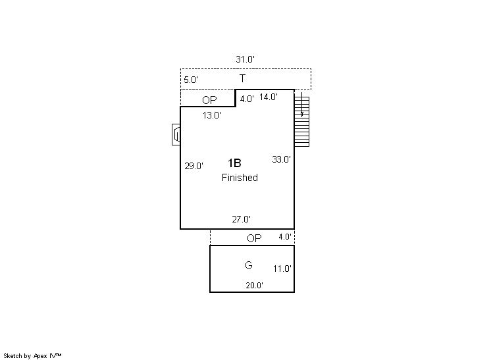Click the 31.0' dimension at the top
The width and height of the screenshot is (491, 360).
[245, 59]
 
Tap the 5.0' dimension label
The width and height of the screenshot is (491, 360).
[191, 80]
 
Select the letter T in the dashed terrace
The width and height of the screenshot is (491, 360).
[242, 78]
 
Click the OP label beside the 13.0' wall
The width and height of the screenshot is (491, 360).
[209, 100]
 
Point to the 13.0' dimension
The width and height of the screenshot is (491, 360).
[212, 115]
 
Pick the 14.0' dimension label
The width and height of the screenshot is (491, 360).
[269, 97]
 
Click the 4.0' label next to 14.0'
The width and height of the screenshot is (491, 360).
[247, 99]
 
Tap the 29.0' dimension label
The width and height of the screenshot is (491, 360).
[194, 166]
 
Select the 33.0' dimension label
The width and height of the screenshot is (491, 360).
[281, 159]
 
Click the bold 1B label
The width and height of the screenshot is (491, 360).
[234, 163]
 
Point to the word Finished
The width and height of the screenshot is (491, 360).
[240, 178]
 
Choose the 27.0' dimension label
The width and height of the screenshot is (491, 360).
[241, 219]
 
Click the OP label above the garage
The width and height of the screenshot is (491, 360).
[254, 238]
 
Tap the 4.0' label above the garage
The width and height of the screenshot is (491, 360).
[285, 237]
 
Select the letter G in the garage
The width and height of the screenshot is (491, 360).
[249, 265]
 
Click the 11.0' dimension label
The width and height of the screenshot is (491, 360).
[282, 269]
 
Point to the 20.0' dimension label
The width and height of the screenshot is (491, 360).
[254, 285]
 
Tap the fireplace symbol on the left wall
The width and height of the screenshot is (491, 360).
[176, 135]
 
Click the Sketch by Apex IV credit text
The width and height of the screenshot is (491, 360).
[32, 355]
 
